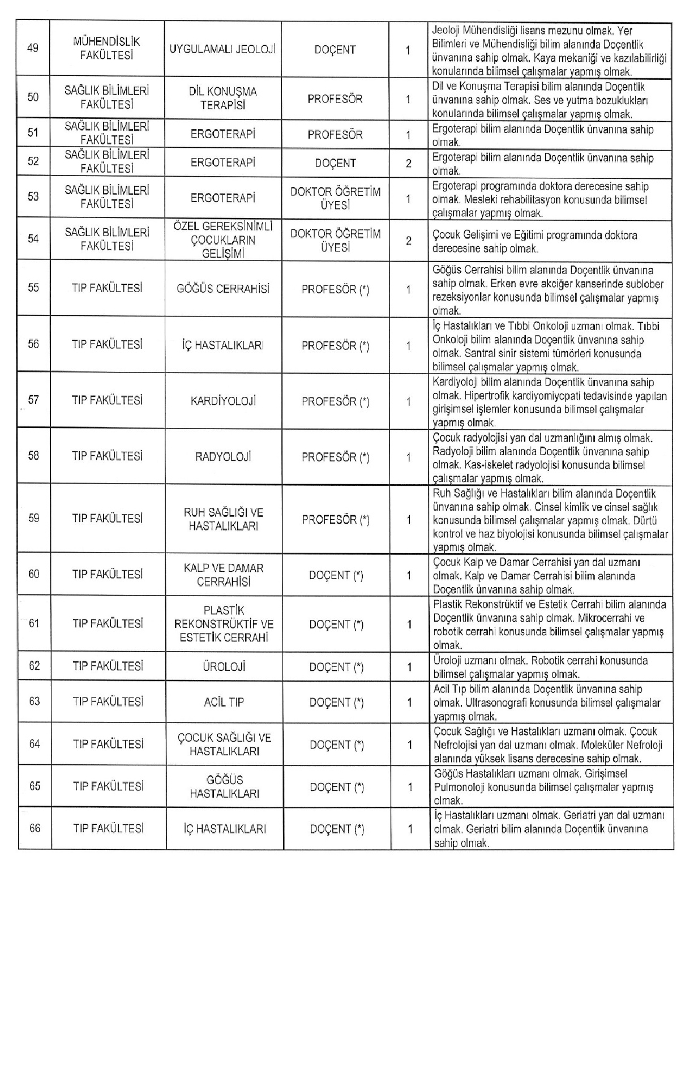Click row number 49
(33, 48)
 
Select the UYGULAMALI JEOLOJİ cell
(222, 49)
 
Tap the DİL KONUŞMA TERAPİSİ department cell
(222, 99)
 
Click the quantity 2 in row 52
(408, 164)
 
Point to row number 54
(33, 238)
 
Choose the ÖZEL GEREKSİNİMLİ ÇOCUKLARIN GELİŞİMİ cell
(223, 240)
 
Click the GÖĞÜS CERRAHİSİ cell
(224, 289)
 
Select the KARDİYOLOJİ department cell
(224, 401)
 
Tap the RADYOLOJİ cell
(224, 457)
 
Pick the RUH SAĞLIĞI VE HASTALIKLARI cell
(224, 519)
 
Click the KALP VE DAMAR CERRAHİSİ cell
(224, 575)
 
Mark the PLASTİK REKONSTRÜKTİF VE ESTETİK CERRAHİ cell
(224, 624)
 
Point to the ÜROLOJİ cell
(224, 667)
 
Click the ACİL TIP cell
(224, 702)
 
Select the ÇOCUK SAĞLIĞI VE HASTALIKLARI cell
(224, 744)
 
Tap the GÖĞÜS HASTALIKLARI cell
(224, 787)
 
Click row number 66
(35, 828)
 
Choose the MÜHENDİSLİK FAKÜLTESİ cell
(106, 48)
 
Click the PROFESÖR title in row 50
(335, 99)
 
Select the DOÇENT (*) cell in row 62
(337, 667)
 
